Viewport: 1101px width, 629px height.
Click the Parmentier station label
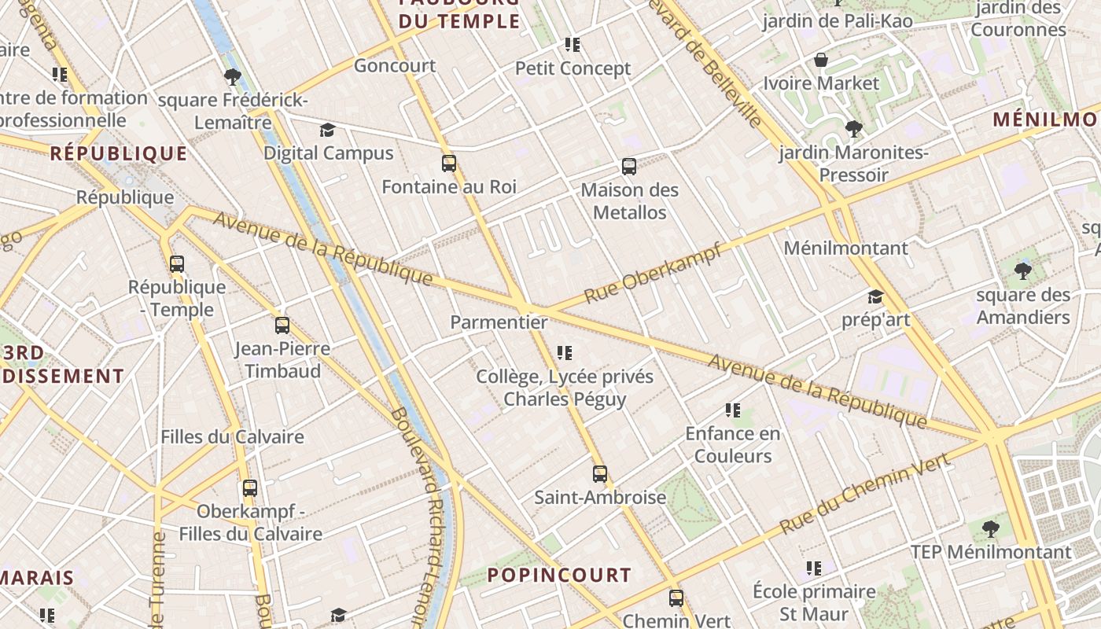(x=499, y=322)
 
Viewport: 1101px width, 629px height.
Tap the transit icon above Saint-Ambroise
(x=600, y=474)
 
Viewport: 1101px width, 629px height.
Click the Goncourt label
(x=395, y=65)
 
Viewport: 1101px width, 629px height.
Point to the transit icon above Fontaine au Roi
(x=449, y=164)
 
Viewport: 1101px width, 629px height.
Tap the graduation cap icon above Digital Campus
(x=327, y=130)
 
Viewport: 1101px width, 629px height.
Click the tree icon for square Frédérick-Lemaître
(x=232, y=77)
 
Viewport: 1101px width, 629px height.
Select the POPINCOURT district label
(x=559, y=575)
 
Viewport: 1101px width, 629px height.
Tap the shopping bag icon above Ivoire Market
(x=821, y=60)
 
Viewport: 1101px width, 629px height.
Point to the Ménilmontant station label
(x=845, y=248)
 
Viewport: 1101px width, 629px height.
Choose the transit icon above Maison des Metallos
(x=629, y=167)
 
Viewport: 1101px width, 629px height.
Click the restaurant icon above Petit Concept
(x=573, y=45)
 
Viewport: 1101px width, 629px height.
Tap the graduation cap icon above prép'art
(x=875, y=296)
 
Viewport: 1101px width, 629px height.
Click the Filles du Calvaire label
(x=232, y=436)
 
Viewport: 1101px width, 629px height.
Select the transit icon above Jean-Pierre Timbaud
(x=282, y=325)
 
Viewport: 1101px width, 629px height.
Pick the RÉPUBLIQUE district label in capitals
(x=119, y=153)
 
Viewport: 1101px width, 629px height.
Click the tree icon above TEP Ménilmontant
(x=991, y=528)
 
